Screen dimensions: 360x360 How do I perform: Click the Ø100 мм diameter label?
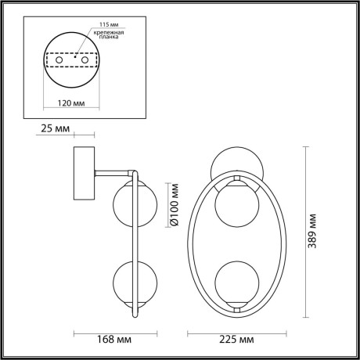pyautogui.click(x=174, y=206)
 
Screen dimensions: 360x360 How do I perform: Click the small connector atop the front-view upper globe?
pyautogui.click(x=236, y=179)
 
